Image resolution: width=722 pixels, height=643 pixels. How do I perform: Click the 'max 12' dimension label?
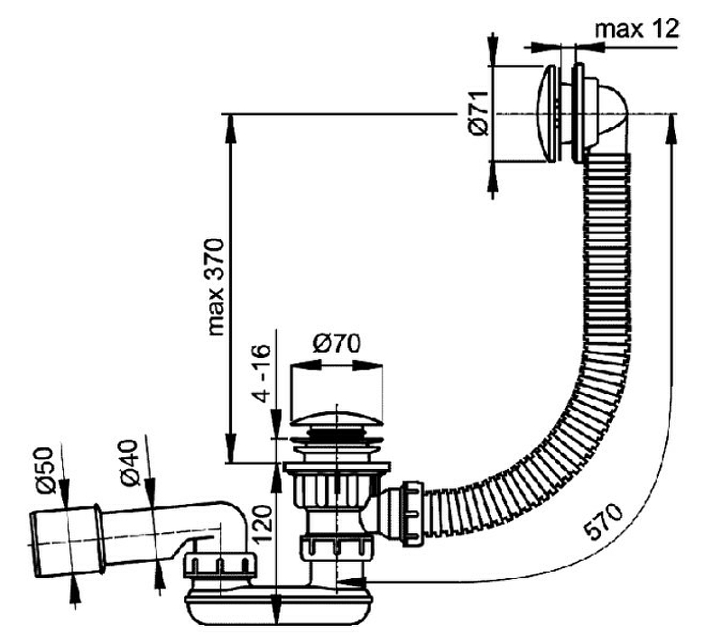coord(635,29)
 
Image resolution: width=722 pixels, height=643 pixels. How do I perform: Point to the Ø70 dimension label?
coord(336,344)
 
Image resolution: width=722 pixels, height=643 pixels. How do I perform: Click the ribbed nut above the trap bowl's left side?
coord(213,566)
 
